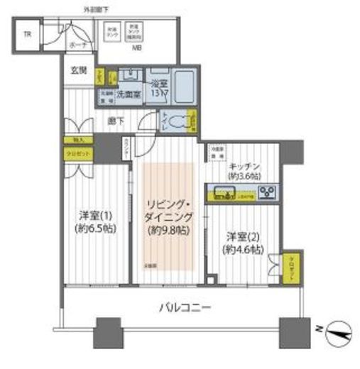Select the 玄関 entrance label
(78, 70)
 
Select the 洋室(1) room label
(93, 214)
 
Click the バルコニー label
(184, 309)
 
